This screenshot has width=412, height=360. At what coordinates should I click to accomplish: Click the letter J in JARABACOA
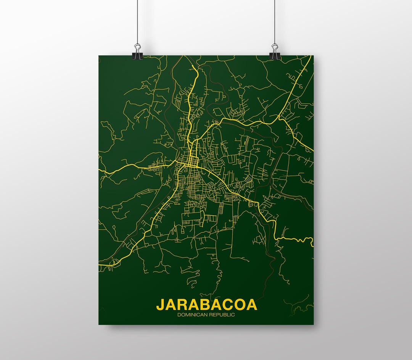click(161, 305)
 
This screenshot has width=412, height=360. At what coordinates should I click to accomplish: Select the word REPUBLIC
click(221, 315)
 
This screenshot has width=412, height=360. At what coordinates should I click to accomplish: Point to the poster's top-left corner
click(99, 56)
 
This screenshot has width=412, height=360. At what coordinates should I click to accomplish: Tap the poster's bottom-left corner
click(99, 324)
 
